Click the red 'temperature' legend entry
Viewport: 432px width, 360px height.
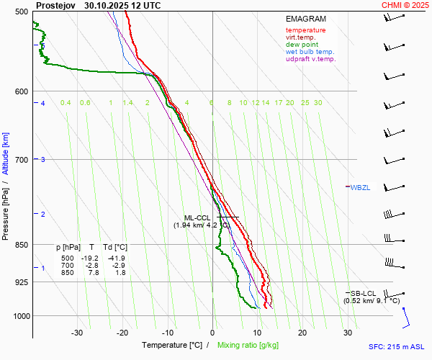click(305, 30)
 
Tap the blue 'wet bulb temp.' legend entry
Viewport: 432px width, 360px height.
click(310, 52)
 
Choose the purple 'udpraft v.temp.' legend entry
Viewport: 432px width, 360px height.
click(311, 59)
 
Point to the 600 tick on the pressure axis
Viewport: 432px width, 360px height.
click(21, 91)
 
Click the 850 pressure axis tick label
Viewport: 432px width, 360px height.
click(21, 245)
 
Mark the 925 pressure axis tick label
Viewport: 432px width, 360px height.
click(21, 282)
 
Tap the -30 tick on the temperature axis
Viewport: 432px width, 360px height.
click(77, 333)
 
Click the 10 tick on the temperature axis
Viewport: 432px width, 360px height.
click(257, 333)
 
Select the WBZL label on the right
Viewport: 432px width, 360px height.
click(360, 188)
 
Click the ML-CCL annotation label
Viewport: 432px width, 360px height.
click(197, 217)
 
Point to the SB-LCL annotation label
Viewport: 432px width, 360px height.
click(364, 293)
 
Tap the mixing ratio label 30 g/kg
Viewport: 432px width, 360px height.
click(318, 103)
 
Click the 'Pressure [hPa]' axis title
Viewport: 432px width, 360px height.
click(6, 209)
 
